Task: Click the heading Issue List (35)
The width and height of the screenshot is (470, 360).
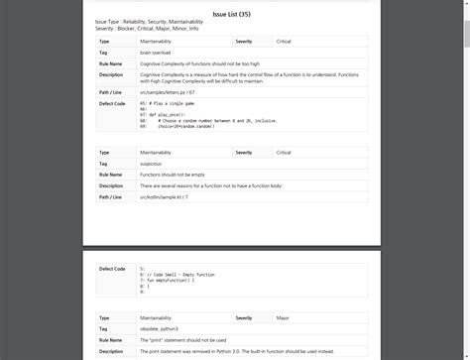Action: [234, 15]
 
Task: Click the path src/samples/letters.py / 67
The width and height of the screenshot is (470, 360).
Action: [168, 91]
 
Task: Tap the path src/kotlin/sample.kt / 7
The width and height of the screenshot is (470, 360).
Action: [165, 196]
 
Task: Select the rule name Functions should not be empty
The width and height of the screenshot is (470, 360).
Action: [179, 175]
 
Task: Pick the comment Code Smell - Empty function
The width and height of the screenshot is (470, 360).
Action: [180, 274]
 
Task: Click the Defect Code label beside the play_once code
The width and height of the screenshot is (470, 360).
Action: [112, 103]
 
